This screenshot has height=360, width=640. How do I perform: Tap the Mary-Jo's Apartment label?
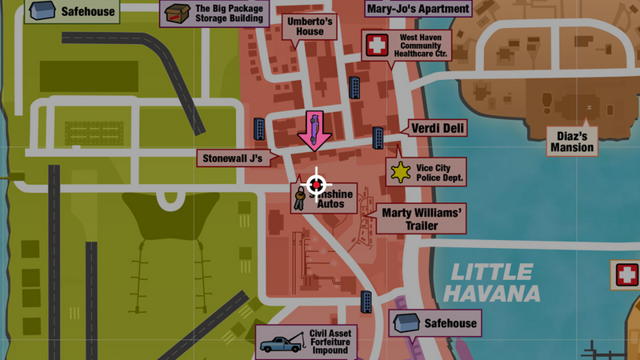click(418, 10)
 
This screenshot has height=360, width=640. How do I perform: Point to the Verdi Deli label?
click(438, 128)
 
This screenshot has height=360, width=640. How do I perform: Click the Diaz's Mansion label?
click(572, 141)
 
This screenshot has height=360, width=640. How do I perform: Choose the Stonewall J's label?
click(233, 158)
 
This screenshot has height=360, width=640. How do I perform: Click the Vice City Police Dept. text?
click(439, 174)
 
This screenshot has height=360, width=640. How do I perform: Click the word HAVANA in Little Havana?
click(491, 293)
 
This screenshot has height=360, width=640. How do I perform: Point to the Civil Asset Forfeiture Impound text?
click(330, 342)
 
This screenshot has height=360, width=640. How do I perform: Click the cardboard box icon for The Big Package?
click(176, 14)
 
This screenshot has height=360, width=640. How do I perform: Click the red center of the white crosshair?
click(316, 185)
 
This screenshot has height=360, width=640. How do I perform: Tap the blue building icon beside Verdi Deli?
click(378, 138)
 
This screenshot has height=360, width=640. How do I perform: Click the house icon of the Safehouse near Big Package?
click(41, 12)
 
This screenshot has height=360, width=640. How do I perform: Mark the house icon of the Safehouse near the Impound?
click(406, 323)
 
